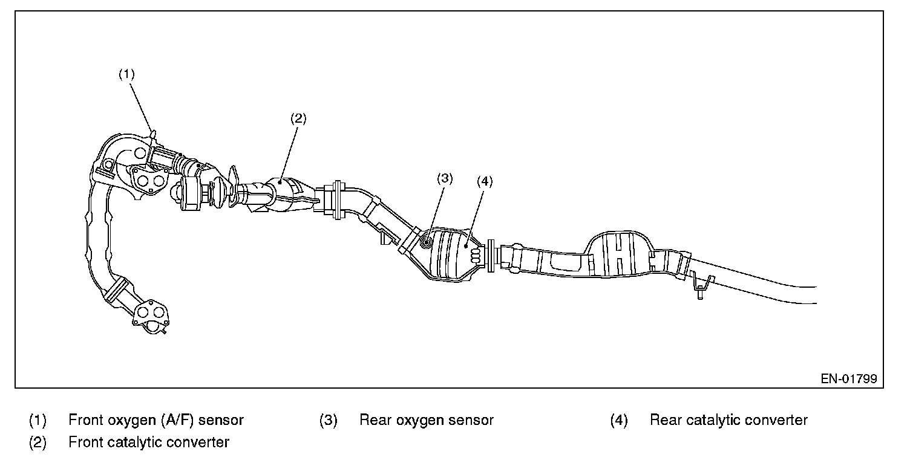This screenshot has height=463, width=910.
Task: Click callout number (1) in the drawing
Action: [126, 74]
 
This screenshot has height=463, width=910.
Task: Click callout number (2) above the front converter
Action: [298, 118]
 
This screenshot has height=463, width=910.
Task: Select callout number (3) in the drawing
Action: [445, 178]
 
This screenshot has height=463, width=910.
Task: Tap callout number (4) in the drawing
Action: [485, 181]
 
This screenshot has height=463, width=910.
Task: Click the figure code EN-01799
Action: [848, 379]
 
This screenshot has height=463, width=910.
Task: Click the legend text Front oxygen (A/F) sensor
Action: [156, 420]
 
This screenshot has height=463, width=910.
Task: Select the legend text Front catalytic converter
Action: [149, 442]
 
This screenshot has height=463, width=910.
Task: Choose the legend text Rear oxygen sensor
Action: [426, 420]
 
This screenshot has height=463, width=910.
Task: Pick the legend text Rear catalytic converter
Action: [728, 420]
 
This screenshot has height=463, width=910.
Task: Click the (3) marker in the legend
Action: [328, 420]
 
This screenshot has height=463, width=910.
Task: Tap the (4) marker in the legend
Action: [618, 420]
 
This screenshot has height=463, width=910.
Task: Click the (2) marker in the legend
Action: [38, 442]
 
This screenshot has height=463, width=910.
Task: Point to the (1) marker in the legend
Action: [38, 420]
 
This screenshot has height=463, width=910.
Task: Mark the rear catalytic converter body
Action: [451, 254]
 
